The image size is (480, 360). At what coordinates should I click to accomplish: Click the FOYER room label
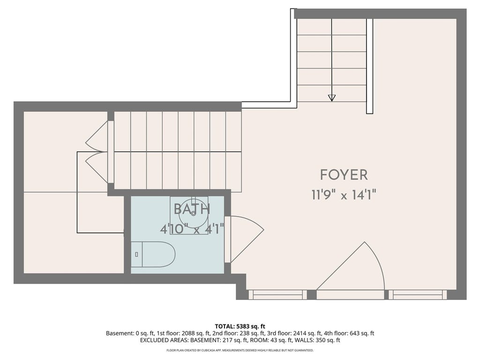tap(344, 175)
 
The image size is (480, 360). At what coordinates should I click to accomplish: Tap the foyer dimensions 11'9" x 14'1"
tap(344, 195)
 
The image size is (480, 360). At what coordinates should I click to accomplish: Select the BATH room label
tap(192, 209)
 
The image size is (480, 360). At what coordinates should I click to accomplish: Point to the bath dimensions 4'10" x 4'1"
tap(192, 229)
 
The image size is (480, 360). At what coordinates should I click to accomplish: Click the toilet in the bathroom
tap(153, 255)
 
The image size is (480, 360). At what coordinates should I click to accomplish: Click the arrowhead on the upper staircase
tap(331, 98)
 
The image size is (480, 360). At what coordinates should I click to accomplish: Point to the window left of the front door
tap(277, 295)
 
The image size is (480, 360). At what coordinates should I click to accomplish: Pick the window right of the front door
tap(418, 295)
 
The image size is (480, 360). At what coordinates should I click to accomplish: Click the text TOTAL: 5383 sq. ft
tap(240, 326)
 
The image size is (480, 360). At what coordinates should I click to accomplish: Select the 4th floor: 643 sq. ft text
tap(349, 333)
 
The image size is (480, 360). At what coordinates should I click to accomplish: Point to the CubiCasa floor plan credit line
tap(240, 350)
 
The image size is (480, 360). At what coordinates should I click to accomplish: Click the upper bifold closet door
tap(97, 136)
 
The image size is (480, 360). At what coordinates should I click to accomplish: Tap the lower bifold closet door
tap(97, 168)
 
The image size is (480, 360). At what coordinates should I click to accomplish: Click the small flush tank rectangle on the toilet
tap(136, 255)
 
